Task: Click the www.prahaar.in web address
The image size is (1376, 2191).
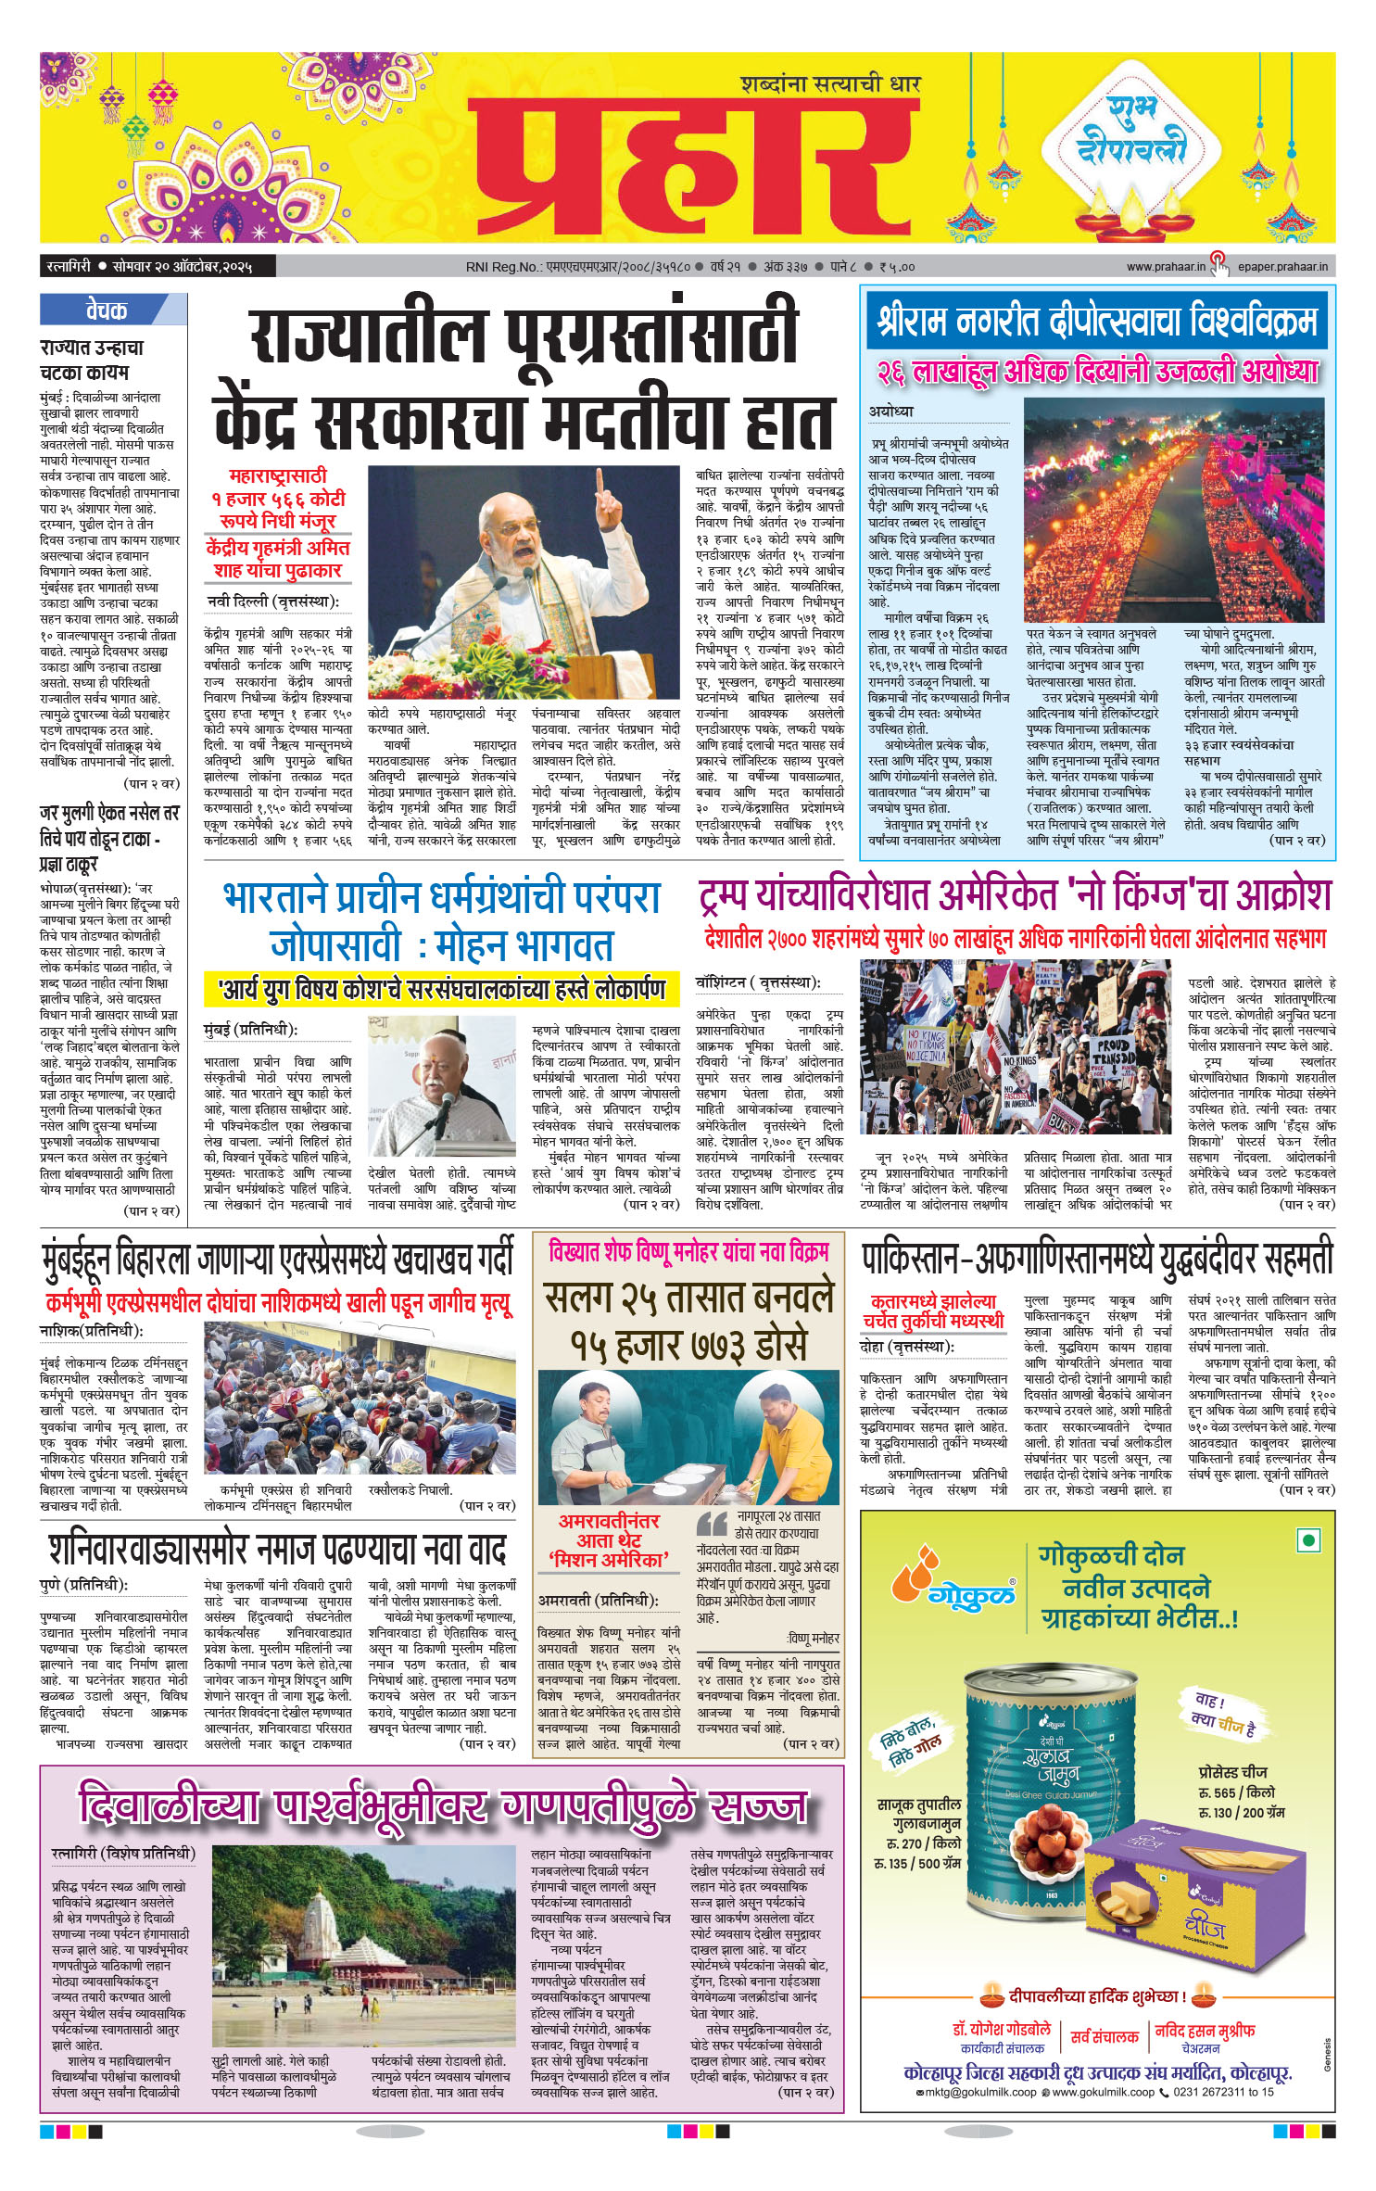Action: [x=1165, y=267]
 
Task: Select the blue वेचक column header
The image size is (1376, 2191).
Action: [x=107, y=310]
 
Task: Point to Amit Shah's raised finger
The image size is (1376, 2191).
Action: [x=600, y=484]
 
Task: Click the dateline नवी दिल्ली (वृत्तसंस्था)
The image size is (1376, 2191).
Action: [x=272, y=602]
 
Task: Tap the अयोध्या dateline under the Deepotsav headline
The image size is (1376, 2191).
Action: [x=891, y=411]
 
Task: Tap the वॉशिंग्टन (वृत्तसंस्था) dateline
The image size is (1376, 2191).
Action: [x=758, y=983]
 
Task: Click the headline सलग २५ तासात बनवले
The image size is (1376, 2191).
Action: [x=688, y=1298]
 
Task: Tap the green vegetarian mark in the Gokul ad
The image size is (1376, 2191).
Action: [x=1308, y=1540]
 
